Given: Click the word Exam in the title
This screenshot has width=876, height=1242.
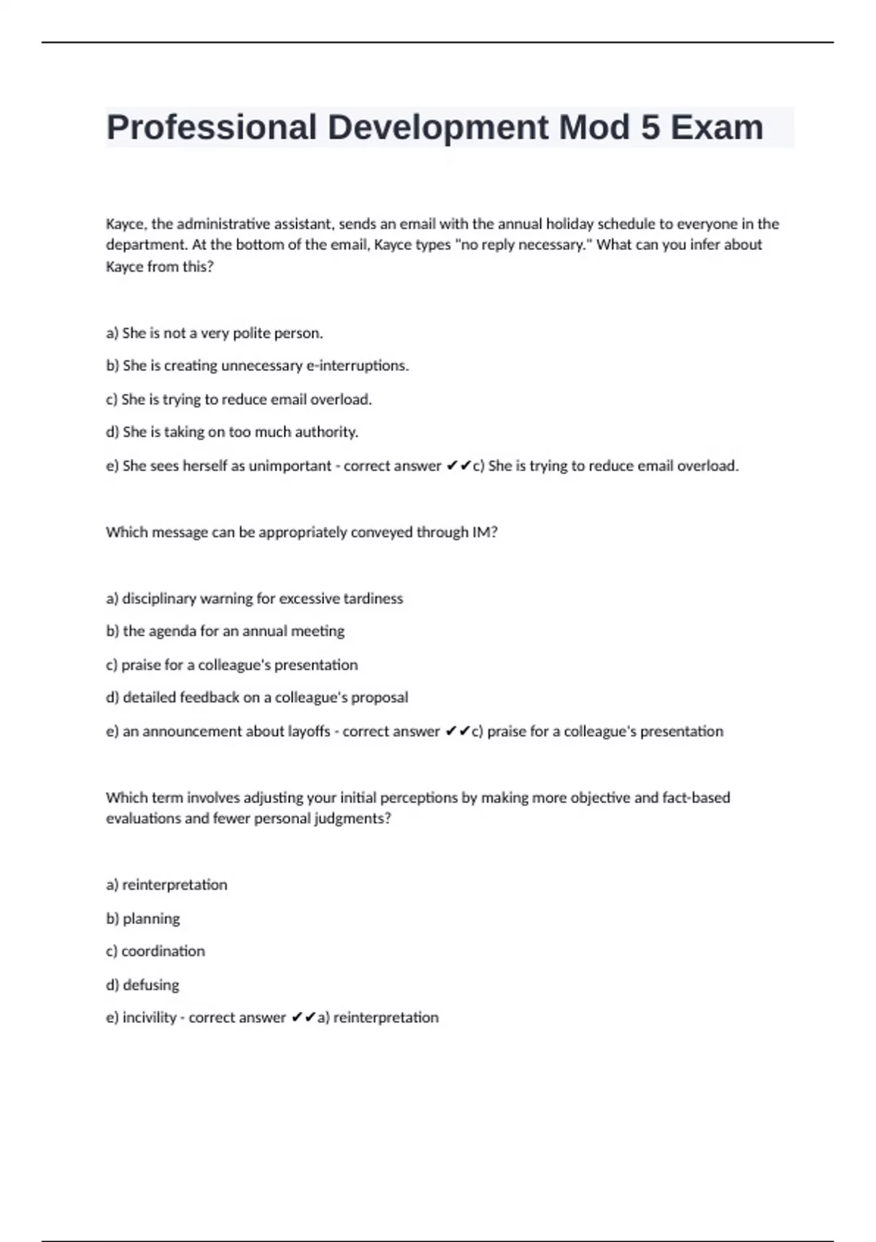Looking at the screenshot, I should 717,127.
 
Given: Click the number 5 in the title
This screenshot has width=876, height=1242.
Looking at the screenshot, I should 650,127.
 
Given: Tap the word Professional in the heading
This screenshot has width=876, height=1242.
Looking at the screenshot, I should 212,127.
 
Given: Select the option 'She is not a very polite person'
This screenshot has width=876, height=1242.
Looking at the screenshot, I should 214,333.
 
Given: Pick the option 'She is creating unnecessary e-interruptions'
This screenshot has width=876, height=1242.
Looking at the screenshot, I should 257,365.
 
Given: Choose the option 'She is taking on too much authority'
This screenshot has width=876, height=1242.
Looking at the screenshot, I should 231,432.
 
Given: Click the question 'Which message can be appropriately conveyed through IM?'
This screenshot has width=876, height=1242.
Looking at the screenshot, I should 301,532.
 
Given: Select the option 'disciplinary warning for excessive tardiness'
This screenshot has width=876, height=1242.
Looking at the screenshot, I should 254,598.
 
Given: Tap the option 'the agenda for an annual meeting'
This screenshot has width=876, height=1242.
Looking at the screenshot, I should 225,630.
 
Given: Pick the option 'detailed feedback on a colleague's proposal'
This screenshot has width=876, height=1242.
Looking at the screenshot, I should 256,697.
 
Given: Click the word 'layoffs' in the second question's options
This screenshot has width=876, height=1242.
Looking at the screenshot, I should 309,731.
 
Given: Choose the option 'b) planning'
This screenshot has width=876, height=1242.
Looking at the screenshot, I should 143,918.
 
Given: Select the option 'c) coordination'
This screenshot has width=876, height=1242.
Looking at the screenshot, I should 155,951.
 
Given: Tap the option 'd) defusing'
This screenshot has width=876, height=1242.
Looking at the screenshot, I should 142,985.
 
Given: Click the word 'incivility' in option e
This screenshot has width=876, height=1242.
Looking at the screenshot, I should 150,1018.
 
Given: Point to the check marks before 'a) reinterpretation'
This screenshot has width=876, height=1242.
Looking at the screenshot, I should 303,1017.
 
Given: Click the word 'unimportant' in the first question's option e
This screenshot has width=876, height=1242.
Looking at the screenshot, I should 290,465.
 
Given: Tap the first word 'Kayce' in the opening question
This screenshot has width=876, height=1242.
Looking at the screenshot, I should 125,224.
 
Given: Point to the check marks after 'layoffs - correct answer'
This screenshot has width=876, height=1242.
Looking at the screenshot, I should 458,731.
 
